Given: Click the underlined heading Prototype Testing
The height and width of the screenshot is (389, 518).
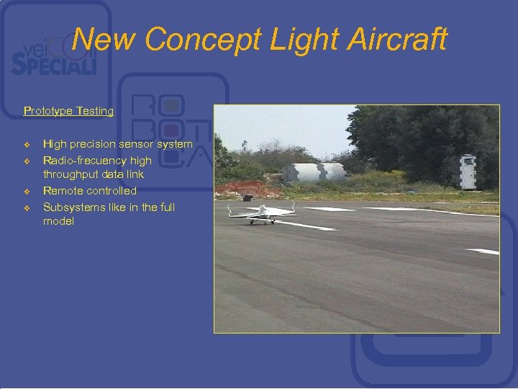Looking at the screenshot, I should click(x=68, y=111).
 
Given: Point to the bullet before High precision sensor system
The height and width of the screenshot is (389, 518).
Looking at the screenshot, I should click(x=27, y=145).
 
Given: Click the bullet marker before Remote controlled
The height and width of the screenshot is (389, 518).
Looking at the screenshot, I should click(x=27, y=192).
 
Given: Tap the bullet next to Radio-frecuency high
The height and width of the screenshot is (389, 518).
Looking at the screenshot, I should click(x=27, y=161).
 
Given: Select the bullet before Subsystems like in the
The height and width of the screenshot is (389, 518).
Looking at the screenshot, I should click(x=27, y=208).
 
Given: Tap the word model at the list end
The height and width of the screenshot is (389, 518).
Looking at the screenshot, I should click(x=58, y=221).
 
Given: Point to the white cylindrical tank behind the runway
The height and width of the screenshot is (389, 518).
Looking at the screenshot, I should click(x=314, y=171).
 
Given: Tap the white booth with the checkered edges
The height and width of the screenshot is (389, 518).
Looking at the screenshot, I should click(x=468, y=171).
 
